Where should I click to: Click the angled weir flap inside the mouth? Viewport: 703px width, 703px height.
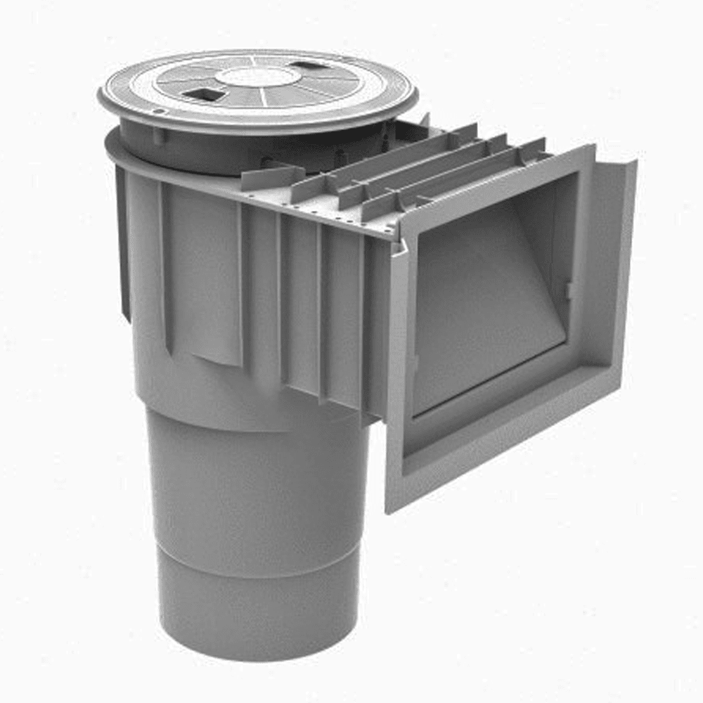(485, 295)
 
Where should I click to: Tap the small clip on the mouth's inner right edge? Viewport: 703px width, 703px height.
(568, 289)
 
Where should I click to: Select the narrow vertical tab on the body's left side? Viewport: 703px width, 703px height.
(124, 246)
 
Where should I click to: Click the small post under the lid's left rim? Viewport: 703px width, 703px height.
(157, 134)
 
